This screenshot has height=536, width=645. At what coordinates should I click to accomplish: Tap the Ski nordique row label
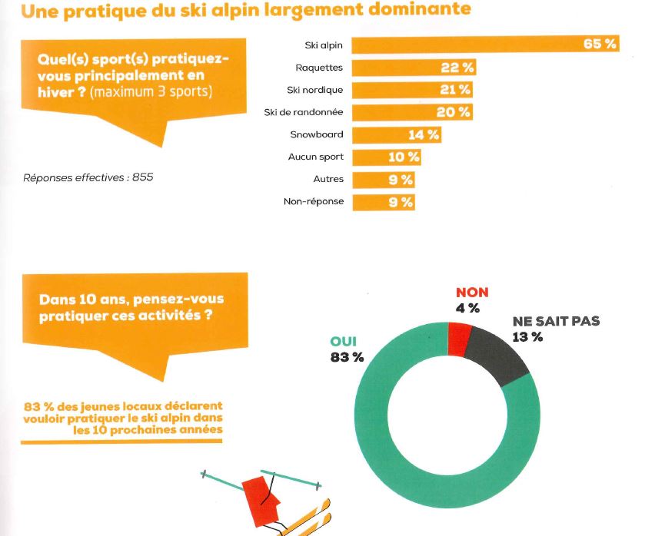[x=314, y=90]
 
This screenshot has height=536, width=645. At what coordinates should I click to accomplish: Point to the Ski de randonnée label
[x=303, y=112]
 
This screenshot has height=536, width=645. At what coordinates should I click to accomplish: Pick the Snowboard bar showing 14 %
[x=396, y=134]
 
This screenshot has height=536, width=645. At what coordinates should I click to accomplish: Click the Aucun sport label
[x=315, y=157]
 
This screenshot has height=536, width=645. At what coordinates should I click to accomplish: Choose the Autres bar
[x=383, y=180]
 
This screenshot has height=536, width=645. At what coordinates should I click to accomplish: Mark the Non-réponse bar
[x=383, y=202]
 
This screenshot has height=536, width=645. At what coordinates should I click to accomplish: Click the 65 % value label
[x=599, y=44]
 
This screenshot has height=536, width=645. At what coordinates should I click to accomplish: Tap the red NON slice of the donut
[x=460, y=339]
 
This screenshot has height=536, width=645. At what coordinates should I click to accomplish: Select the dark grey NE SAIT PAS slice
[x=500, y=352]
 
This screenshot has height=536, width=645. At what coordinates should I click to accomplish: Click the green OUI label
[x=343, y=342]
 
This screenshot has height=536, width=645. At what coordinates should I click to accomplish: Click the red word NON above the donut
[x=472, y=293]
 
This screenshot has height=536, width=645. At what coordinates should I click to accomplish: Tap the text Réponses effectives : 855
[x=88, y=177]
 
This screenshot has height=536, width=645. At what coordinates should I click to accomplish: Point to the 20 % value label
[x=454, y=112]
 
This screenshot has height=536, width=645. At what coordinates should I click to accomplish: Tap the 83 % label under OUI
[x=347, y=357]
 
